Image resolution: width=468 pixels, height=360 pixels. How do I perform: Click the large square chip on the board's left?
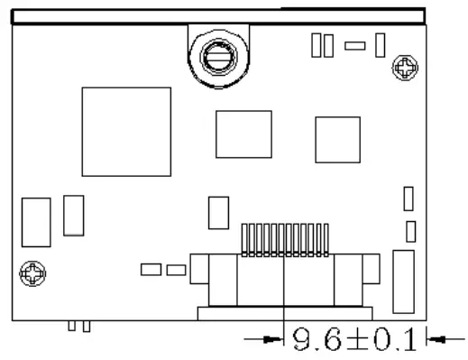click(126, 132)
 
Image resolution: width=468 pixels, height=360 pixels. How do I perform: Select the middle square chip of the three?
click(243, 134)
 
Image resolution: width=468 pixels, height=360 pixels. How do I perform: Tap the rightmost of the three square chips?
click(337, 140)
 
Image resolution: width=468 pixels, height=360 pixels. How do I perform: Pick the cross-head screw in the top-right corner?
click(406, 67)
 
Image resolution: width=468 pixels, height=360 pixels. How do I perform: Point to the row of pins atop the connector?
click(283, 237)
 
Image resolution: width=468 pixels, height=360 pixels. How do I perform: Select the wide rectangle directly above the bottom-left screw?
click(36, 222)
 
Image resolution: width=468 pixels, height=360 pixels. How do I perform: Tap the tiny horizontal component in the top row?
click(355, 45)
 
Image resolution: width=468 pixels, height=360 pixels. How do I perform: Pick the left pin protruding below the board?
click(72, 326)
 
